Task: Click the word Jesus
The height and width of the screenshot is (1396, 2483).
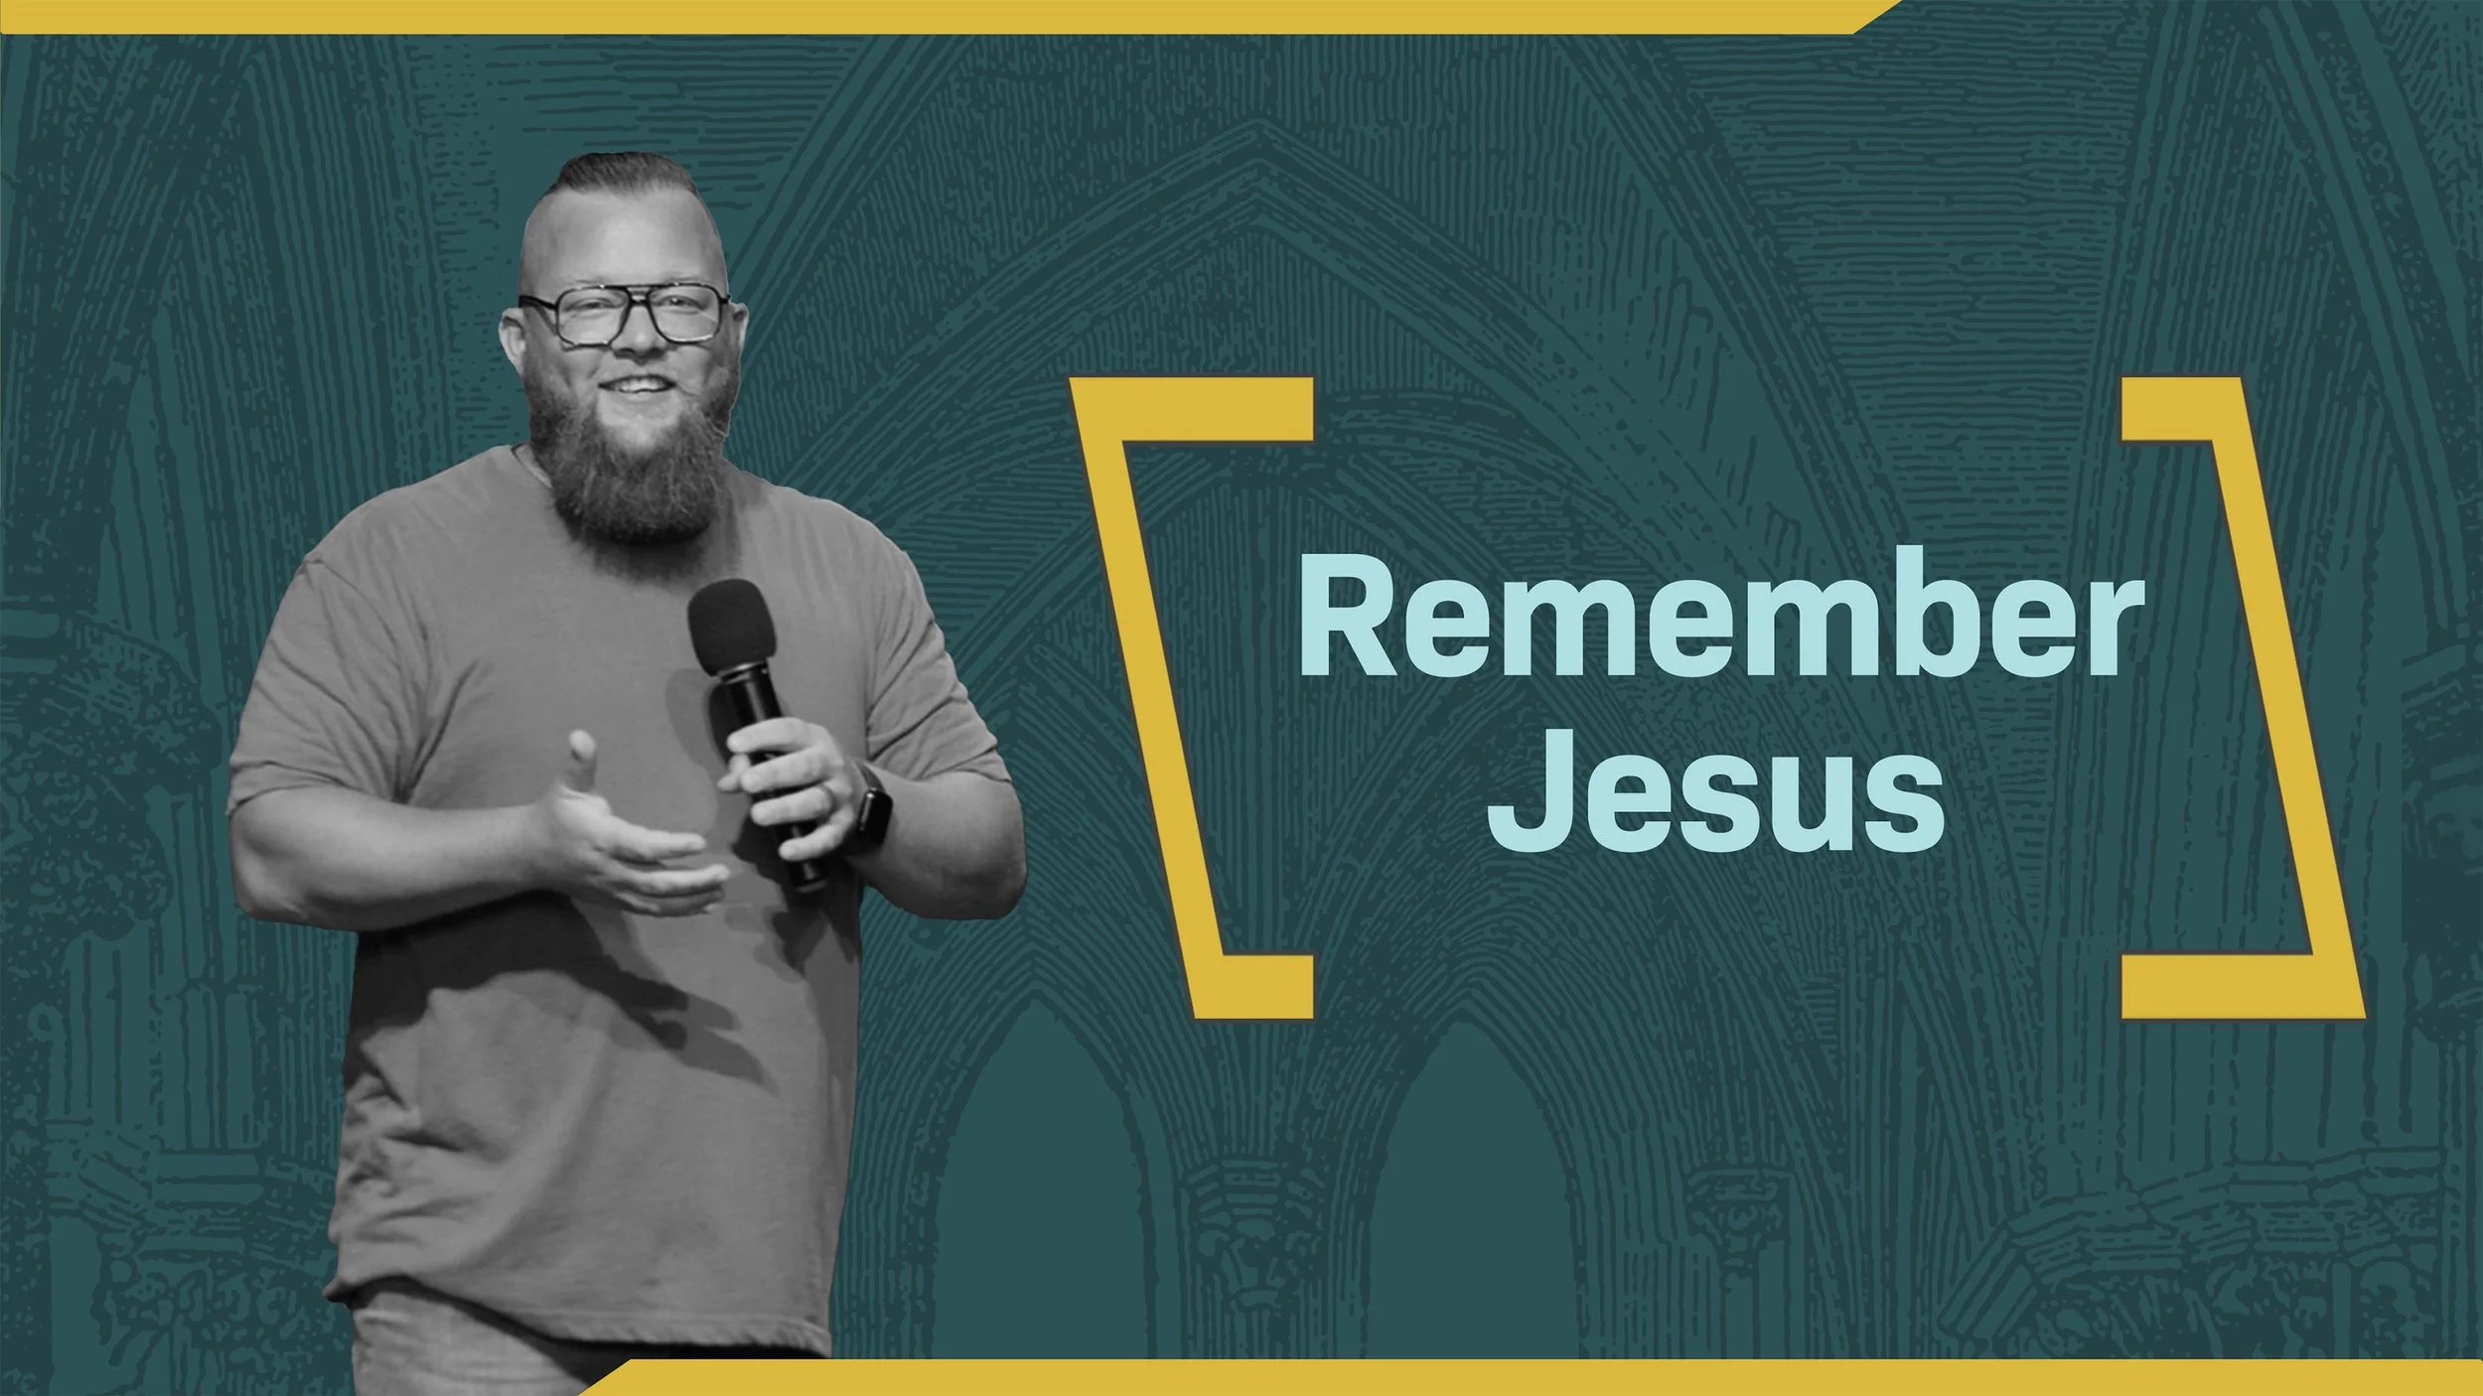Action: [1715, 790]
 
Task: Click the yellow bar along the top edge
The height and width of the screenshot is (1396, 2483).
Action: [894, 16]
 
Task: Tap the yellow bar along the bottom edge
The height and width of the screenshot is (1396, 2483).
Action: [1490, 1378]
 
